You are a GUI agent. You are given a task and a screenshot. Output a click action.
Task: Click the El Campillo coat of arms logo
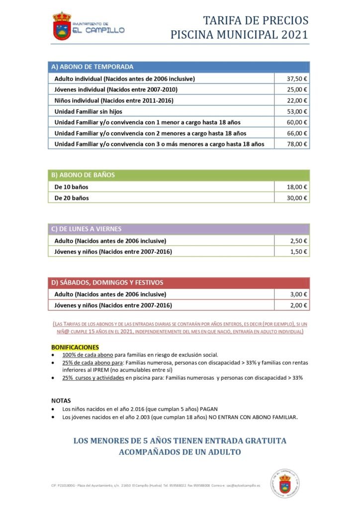pyautogui.click(x=62, y=26)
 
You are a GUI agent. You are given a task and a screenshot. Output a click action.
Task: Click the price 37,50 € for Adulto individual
pyautogui.click(x=297, y=79)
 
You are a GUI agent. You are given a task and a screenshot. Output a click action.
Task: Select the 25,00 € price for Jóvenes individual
pyautogui.click(x=297, y=89)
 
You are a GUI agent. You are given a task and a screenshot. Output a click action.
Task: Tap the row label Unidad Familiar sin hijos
pyautogui.click(x=89, y=111)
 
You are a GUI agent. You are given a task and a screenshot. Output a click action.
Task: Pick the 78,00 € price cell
pyautogui.click(x=297, y=144)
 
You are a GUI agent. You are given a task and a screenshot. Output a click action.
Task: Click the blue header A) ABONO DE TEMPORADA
pyautogui.click(x=92, y=67)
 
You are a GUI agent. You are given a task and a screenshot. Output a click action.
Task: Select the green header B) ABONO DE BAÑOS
pyautogui.click(x=83, y=175)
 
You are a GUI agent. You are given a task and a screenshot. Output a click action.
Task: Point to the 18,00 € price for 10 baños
pyautogui.click(x=297, y=187)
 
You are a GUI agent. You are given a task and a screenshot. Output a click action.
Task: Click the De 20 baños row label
pyautogui.click(x=72, y=198)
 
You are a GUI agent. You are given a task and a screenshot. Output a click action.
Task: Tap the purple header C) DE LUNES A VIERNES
pyautogui.click(x=87, y=229)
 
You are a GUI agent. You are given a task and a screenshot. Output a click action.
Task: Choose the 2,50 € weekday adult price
pyautogui.click(x=299, y=241)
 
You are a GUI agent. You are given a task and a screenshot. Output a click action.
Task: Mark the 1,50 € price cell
pyautogui.click(x=299, y=252)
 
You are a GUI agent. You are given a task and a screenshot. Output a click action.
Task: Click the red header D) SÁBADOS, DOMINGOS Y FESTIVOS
pyautogui.click(x=107, y=282)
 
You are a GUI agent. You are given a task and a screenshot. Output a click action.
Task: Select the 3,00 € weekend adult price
pyautogui.click(x=299, y=294)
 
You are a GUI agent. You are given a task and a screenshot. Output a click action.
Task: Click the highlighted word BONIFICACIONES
pyautogui.click(x=75, y=346)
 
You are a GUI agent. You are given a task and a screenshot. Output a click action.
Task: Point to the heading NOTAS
pyautogui.click(x=61, y=400)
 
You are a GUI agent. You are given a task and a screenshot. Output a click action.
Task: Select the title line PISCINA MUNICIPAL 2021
pyautogui.click(x=239, y=35)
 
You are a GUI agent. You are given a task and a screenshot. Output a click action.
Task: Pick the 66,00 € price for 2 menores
pyautogui.click(x=297, y=133)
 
